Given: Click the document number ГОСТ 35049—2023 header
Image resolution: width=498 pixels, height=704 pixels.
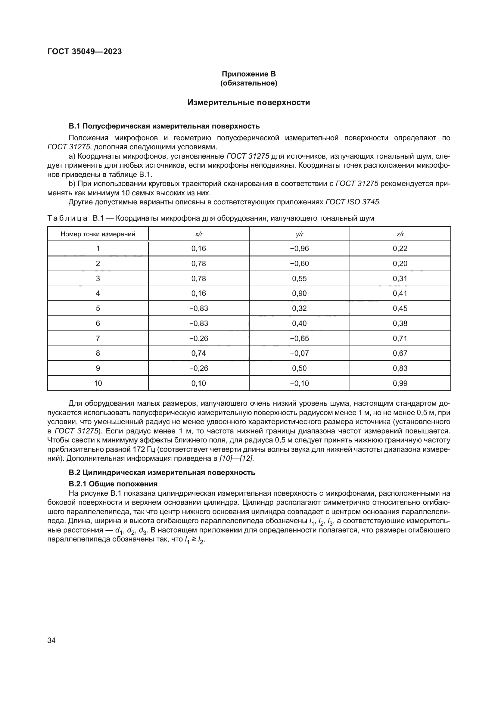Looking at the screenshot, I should [85, 51].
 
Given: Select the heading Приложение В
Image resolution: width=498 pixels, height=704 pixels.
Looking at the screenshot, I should [249, 74].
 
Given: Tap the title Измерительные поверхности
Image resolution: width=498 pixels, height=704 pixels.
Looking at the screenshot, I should [249, 102].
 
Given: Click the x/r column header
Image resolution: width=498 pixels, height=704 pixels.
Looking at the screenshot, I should [199, 234].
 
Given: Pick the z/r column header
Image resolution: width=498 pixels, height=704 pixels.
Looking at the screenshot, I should [400, 234].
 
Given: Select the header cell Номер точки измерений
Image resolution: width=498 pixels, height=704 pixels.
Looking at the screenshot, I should [98, 234].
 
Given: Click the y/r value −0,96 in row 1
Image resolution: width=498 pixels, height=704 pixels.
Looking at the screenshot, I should [299, 249].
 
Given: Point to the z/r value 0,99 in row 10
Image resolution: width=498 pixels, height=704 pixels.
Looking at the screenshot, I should [400, 383].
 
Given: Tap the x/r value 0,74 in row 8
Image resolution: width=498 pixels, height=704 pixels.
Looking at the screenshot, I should [199, 353].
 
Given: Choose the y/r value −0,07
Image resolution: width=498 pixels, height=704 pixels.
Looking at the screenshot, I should [299, 353].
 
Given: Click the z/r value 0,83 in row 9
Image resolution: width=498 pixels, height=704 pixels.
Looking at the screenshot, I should [400, 368].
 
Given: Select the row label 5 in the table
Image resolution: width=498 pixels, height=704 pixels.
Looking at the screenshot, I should [98, 309].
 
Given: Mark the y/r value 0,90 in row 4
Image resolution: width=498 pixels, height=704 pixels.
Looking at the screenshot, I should [299, 293].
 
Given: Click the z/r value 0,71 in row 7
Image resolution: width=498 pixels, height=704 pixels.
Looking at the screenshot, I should [400, 339].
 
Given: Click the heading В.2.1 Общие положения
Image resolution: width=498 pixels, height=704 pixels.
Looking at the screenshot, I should [113, 484].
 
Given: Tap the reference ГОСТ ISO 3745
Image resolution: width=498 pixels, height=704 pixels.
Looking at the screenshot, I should [352, 202].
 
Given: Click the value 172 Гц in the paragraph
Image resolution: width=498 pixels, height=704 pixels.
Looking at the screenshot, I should [140, 449].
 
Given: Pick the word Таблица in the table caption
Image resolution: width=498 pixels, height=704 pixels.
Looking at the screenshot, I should [67, 218].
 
